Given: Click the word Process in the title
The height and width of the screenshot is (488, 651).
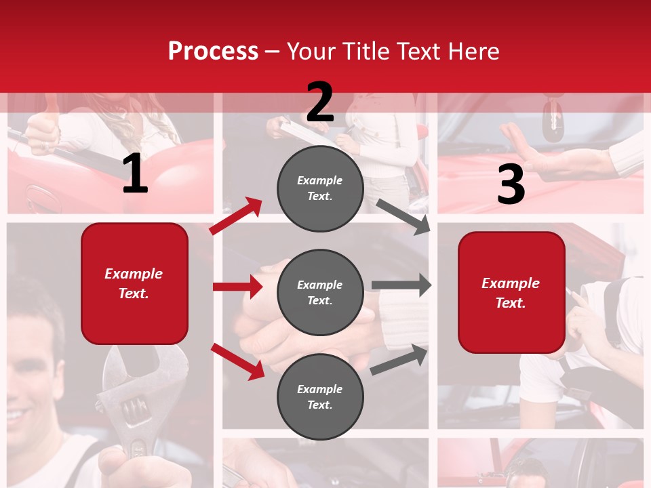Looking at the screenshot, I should coord(213,52).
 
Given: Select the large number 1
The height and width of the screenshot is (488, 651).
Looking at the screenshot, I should coord(135,174).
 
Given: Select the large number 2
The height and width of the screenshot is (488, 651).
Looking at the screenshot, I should coord(320,102).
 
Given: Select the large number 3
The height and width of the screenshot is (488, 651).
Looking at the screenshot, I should coord(511,185).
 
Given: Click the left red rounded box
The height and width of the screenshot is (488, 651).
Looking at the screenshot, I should coord(134,283).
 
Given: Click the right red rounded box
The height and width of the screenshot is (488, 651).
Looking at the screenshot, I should coord(511,293).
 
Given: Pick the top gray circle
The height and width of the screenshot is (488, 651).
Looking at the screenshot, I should coord(320,188).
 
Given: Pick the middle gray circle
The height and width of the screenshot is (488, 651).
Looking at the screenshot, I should coord(320,293).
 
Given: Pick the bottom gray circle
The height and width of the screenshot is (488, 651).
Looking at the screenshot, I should coord(320,397).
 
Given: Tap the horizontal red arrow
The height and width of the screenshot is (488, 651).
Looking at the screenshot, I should coord(237,287).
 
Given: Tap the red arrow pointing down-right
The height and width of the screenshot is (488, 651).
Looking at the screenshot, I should coord(238,361).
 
